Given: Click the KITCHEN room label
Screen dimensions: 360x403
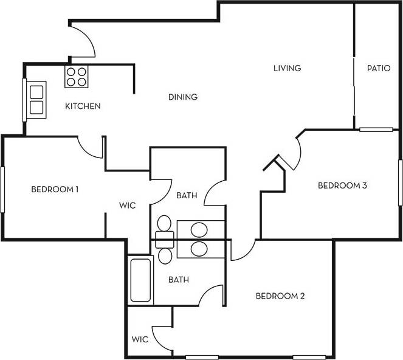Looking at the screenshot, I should click(x=83, y=106).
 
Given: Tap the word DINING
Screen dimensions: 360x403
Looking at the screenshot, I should click(x=183, y=97).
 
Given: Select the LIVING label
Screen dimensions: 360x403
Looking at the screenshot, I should click(x=287, y=68).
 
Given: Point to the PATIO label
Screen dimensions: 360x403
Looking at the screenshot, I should click(x=378, y=68).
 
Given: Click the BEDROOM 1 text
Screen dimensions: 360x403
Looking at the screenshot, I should click(x=55, y=189).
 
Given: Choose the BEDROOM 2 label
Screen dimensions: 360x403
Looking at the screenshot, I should click(x=280, y=296).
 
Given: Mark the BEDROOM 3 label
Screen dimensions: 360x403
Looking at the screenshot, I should click(x=342, y=185).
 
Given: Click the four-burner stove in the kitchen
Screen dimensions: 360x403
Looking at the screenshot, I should click(x=76, y=76).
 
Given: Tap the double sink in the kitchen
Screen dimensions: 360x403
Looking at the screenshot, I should click(x=36, y=100).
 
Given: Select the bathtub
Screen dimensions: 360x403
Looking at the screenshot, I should click(x=140, y=280).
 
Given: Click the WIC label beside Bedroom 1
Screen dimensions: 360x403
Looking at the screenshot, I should click(x=128, y=206).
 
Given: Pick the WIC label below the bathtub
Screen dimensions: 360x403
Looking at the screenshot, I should click(x=139, y=338).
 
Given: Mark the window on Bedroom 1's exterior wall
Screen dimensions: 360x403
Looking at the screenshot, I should click(x=2, y=189).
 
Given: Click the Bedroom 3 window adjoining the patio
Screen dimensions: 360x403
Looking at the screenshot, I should click(x=376, y=129).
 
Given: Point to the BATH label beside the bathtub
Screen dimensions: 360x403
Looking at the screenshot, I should click(x=178, y=280).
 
